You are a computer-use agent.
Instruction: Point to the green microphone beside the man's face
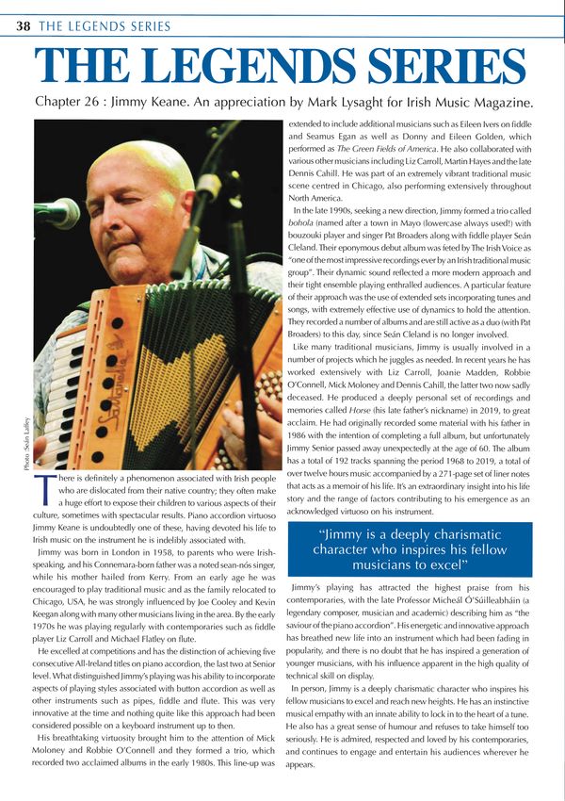click(x=56, y=213)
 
